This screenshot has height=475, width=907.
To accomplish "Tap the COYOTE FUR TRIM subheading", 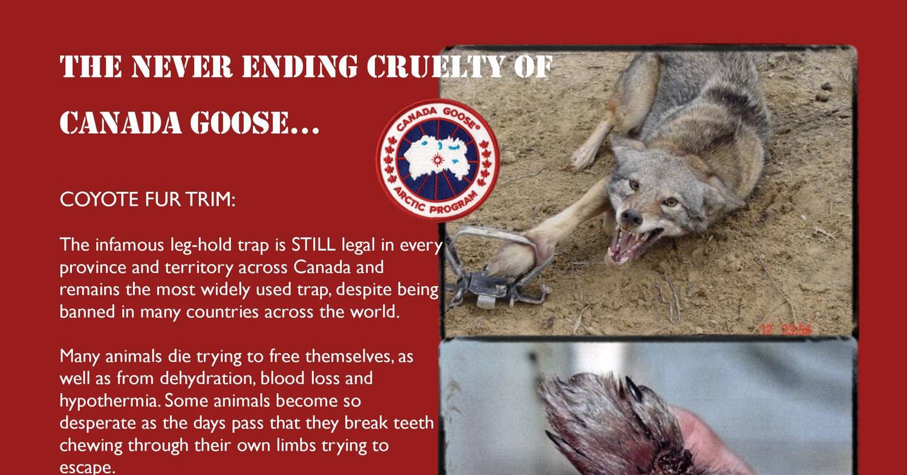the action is point(148,200).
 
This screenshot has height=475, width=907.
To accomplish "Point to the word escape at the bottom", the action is point(87,468).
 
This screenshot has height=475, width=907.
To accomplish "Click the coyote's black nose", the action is point(631,218).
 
